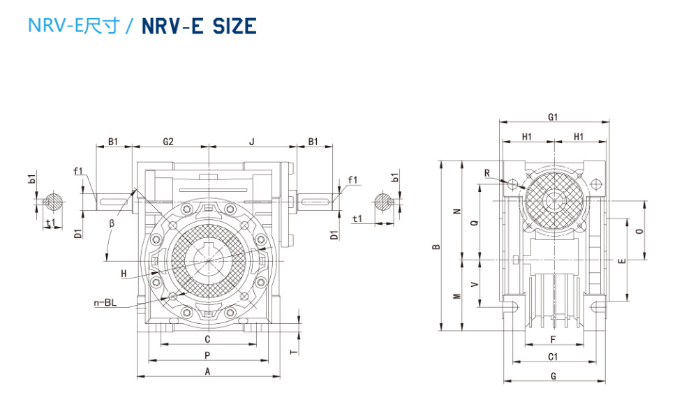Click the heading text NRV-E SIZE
[199, 26]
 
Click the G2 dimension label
[168, 141]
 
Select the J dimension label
[252, 141]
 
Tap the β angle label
[111, 224]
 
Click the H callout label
[124, 274]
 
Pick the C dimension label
[207, 339]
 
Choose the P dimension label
[207, 355]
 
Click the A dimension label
[207, 372]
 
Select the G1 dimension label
[553, 117]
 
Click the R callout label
[487, 173]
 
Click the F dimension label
[553, 340]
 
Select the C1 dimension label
[553, 357]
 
